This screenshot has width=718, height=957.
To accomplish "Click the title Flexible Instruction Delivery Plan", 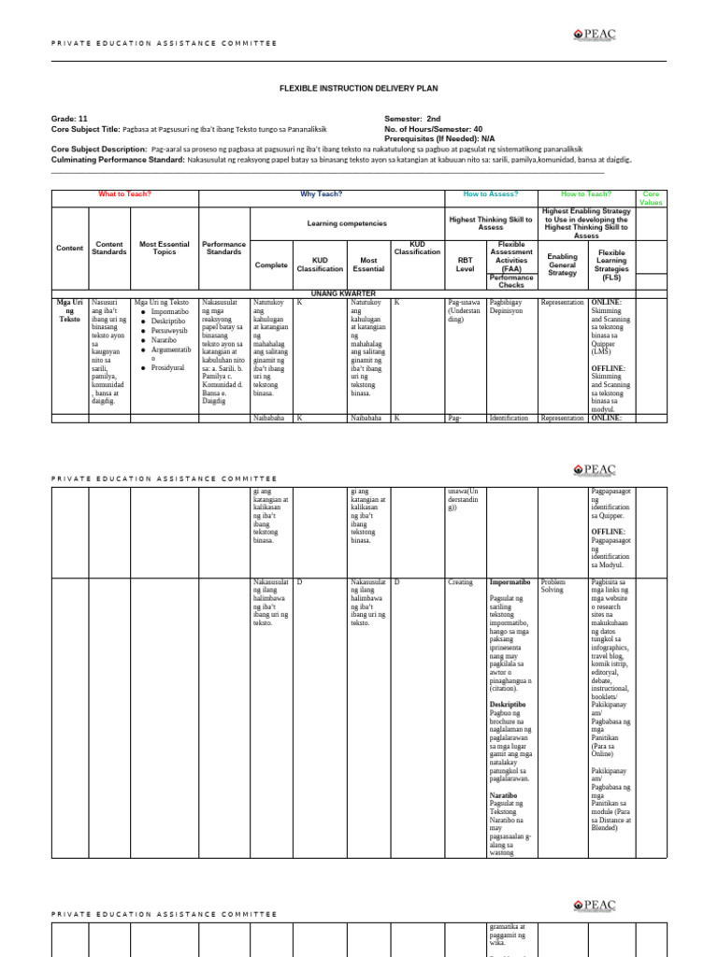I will [x=359, y=88].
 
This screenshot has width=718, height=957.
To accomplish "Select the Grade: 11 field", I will [x=69, y=119].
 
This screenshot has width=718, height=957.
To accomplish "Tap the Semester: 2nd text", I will [x=412, y=119].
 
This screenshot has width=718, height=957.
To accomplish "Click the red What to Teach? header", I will [x=124, y=194].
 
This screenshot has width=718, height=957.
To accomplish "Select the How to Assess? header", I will [x=489, y=194].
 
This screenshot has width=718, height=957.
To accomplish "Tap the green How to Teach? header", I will [x=586, y=194].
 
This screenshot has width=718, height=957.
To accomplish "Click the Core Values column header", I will [x=651, y=198].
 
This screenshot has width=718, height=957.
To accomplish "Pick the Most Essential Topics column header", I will [x=165, y=248].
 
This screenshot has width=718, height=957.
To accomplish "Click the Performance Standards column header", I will [x=223, y=248].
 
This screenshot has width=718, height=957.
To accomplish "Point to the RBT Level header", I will [x=465, y=264].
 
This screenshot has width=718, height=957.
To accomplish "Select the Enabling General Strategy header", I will [x=562, y=264].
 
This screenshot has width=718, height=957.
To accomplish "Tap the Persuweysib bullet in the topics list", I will [x=169, y=330].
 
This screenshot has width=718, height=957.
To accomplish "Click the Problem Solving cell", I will [x=553, y=586].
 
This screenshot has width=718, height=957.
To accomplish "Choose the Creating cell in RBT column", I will [x=460, y=581].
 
